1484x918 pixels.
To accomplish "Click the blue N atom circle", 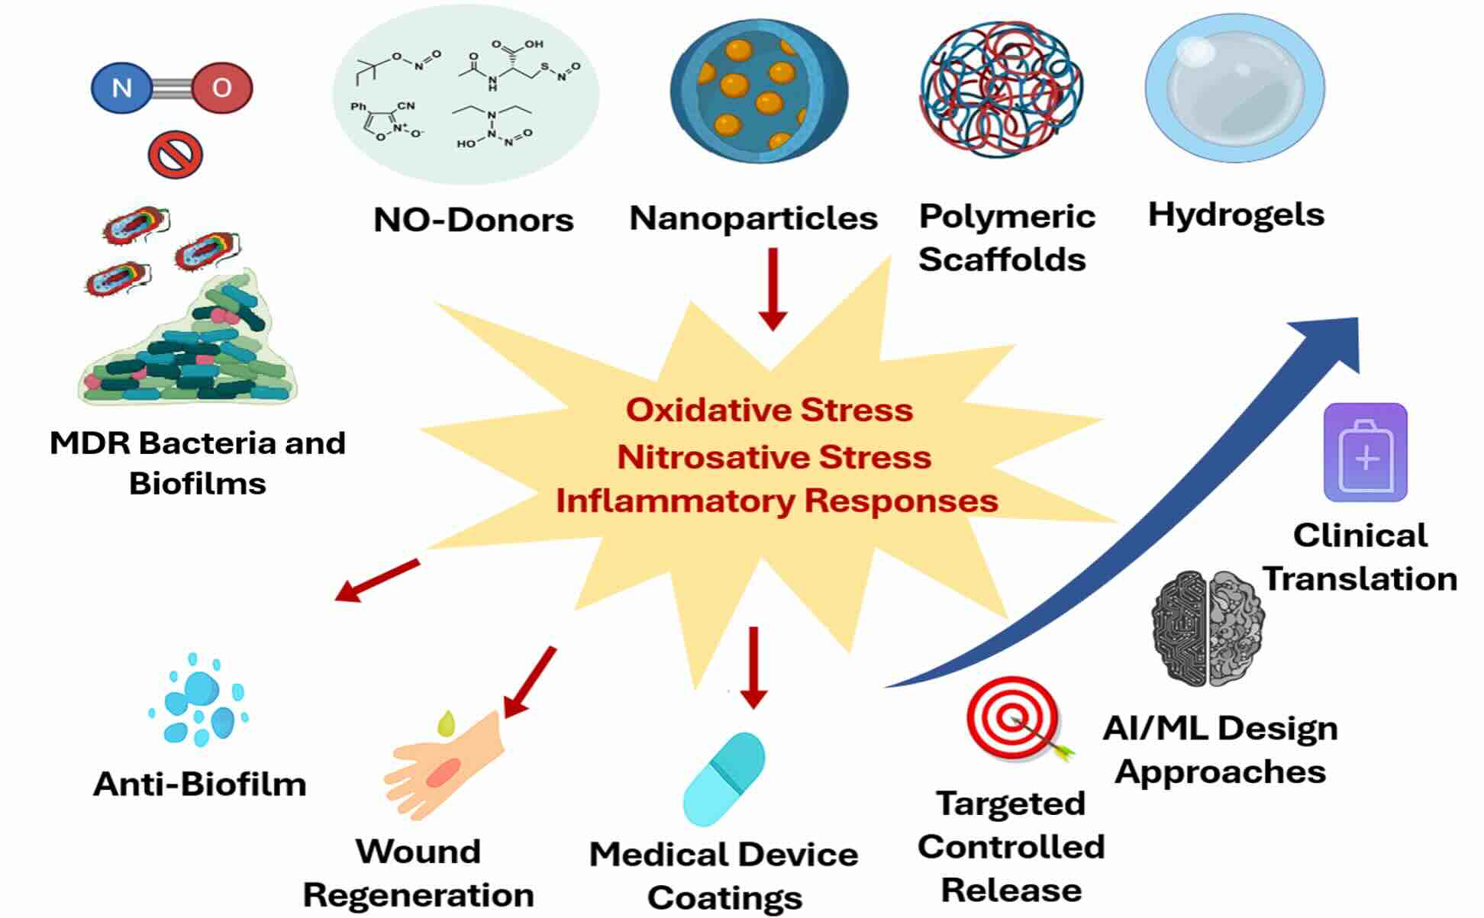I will pos(122,88).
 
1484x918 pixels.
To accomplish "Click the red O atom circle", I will pos(221,88).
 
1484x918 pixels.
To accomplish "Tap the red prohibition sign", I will pos(175,155).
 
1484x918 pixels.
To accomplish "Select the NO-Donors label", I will pos(473,220).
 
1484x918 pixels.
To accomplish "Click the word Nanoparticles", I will pos(753,218).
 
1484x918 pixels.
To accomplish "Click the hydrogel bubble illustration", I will pos(1234,88).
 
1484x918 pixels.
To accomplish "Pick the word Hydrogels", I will pos(1236,214).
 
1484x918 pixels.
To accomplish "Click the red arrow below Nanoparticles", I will pos(773,290).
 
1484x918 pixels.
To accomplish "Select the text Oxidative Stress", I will pos(769,410).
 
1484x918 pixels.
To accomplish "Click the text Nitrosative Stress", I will pos(774,457).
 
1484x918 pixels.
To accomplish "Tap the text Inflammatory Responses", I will pos(777,501).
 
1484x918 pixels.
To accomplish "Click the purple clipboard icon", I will pos(1365,453).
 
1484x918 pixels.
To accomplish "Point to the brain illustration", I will pos(1207,627).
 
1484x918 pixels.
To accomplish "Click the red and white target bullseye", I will pos(1012,720).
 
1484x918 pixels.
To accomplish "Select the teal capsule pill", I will pos(724,779).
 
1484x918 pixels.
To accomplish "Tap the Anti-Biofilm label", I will pos(200,784).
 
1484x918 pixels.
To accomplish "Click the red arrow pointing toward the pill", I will pos(753,668).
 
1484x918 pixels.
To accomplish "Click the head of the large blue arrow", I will pos(1332,341).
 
